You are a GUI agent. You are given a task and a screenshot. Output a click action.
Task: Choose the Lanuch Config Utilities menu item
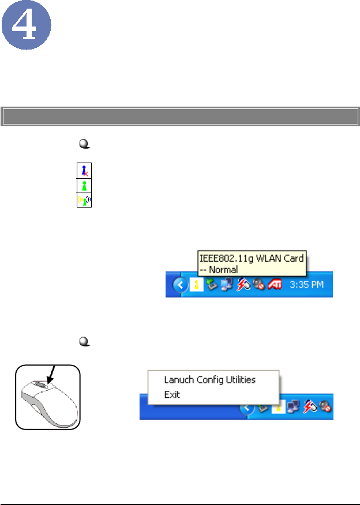[209, 379]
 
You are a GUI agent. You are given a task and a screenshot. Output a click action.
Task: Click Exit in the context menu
[172, 395]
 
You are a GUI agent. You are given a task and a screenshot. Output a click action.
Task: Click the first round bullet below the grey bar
[82, 147]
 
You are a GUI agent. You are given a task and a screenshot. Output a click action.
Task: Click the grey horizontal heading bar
[180, 116]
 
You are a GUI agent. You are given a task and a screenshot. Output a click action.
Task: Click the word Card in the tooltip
[291, 259]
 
